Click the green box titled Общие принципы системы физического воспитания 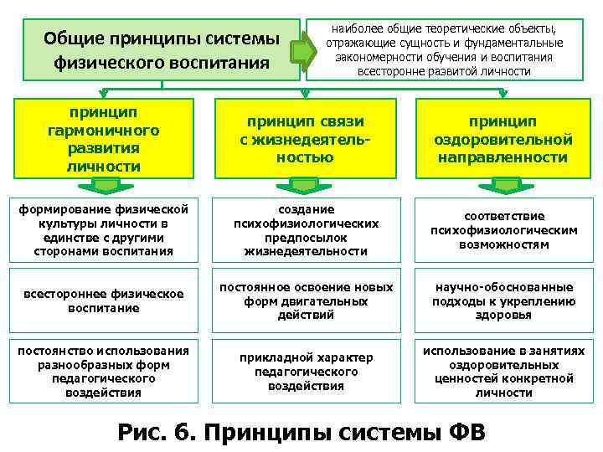coord(162,49)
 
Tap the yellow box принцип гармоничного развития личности coord(104,139)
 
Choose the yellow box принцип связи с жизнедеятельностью coord(304,139)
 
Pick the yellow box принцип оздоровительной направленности coord(503,139)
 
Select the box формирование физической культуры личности coord(104,229)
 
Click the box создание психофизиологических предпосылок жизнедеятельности coord(304,229)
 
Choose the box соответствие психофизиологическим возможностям coord(503,229)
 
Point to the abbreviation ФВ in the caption coord(460,432)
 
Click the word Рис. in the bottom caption coord(144,432)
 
